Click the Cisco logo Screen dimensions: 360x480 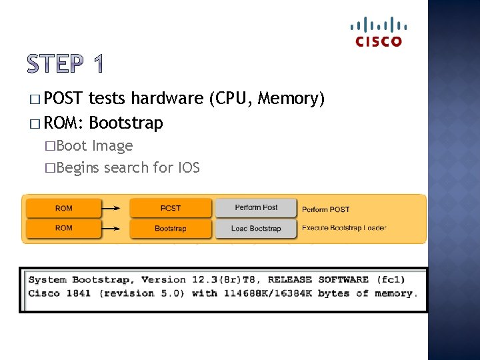(379, 32)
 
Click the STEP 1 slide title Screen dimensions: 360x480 (65, 65)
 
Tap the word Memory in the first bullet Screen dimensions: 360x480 (289, 99)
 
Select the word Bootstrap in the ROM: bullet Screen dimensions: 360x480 (125, 123)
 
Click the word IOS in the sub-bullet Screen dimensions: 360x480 (188, 167)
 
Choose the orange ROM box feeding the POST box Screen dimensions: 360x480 (64, 208)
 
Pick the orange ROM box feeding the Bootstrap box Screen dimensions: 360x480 (64, 228)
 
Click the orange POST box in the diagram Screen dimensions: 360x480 (170, 208)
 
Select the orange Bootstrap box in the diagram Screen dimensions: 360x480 (170, 228)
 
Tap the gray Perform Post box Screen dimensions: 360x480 (256, 208)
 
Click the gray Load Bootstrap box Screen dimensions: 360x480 (256, 228)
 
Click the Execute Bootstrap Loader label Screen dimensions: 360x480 (344, 228)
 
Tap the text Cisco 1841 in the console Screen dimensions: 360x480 (61, 293)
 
